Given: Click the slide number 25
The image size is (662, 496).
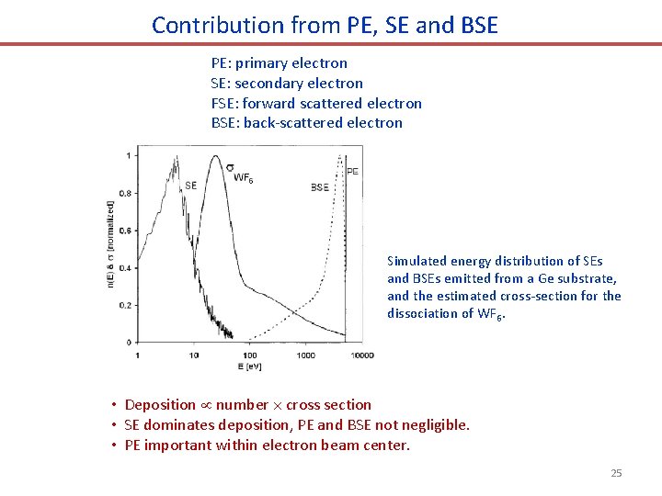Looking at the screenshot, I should tap(616, 473).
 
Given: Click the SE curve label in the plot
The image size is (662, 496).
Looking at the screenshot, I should tap(190, 186).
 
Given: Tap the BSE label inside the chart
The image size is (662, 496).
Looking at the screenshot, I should tap(319, 187).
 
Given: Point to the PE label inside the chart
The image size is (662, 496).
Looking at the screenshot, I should tap(352, 171).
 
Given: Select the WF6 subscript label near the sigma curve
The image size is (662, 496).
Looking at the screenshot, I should tap(244, 179).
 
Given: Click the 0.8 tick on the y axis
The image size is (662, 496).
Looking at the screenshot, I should tap(124, 194).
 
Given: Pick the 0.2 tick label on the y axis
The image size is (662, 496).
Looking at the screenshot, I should tap(124, 305).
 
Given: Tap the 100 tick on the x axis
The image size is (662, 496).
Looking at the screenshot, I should tap(249, 355).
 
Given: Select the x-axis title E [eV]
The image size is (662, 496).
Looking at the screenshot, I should tap(249, 366).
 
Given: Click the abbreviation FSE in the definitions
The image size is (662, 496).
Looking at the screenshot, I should tap(223, 103).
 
